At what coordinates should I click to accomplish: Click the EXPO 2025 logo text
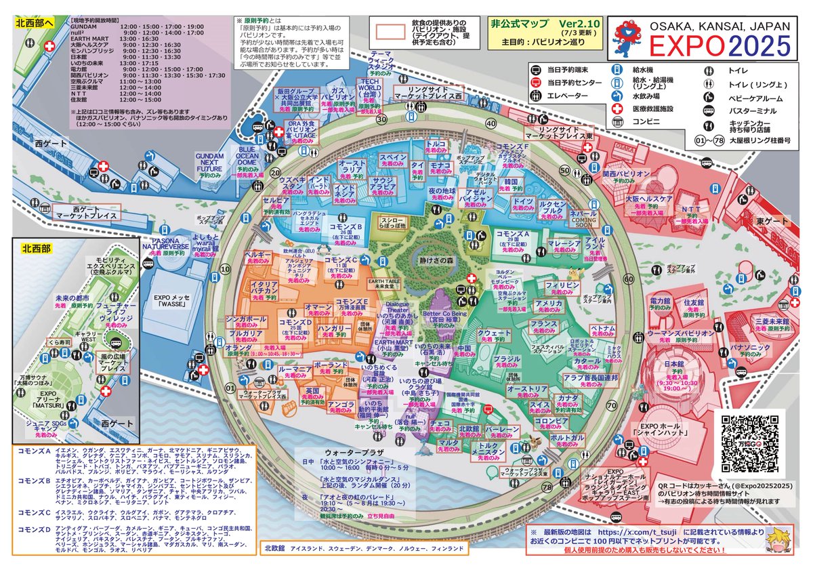point(720,45)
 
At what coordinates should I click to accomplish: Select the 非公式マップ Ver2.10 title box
point(539,33)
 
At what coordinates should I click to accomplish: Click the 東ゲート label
point(770,221)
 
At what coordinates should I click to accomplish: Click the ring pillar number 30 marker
point(381,119)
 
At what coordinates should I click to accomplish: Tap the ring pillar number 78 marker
point(528,487)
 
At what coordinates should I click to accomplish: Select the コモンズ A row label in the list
point(35,451)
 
